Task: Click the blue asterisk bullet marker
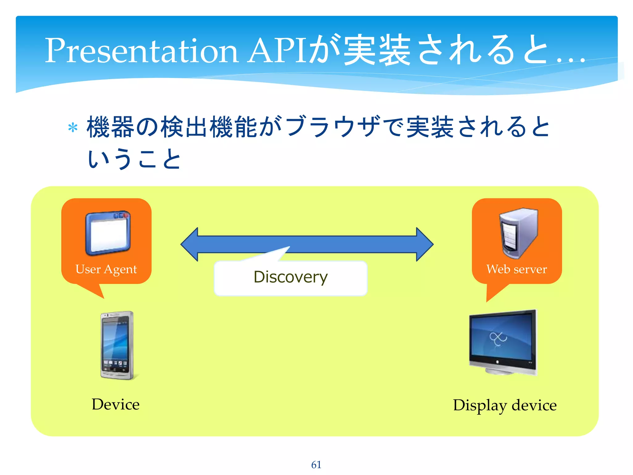(73, 128)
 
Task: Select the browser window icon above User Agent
(108, 233)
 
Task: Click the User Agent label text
(106, 269)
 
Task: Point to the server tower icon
(518, 233)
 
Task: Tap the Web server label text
(516, 269)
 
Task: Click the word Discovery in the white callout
(291, 277)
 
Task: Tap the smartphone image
(117, 345)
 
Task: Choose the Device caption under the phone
(116, 404)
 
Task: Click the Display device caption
(505, 405)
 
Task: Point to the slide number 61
(316, 464)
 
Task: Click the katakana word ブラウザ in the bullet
(332, 127)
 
